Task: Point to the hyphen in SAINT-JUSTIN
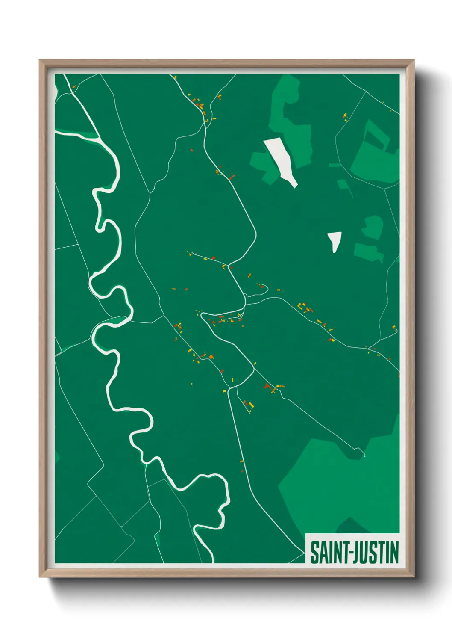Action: tap(352, 553)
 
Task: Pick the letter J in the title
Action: tap(357, 552)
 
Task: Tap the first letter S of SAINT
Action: tap(315, 552)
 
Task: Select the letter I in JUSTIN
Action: tap(386, 552)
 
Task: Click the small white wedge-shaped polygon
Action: tap(334, 240)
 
